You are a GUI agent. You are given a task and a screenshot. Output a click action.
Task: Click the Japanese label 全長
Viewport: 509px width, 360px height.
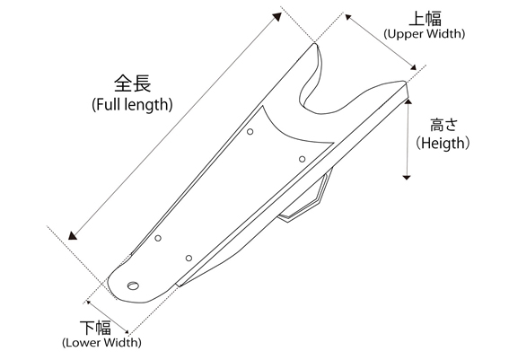point(133,83)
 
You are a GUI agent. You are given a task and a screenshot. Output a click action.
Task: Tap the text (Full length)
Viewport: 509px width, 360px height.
point(132,104)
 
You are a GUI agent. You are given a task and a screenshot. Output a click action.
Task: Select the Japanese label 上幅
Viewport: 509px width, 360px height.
point(425,19)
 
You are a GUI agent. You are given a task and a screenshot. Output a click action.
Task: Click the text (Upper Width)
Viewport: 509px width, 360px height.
point(424,34)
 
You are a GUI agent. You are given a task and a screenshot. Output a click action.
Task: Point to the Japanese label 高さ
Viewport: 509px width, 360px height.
point(443,125)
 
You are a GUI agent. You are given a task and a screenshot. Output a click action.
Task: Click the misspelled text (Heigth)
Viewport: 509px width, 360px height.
point(443,143)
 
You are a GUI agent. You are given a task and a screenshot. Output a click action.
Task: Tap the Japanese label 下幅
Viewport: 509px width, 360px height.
point(95,328)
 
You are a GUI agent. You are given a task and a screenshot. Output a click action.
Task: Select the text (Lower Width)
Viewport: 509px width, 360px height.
point(101,342)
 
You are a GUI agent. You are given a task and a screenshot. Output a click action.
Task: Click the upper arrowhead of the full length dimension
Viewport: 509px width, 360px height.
point(277,16)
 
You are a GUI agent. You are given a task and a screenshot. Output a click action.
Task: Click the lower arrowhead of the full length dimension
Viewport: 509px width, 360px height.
point(73,236)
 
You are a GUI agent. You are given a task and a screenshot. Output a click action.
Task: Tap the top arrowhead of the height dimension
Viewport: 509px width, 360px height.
point(408,101)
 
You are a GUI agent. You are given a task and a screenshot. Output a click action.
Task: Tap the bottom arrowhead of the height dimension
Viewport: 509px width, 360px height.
point(407,177)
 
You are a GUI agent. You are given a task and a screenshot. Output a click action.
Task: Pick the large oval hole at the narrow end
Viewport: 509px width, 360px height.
point(133,286)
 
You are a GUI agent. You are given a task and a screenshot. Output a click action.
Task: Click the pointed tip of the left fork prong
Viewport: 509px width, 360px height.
point(314,44)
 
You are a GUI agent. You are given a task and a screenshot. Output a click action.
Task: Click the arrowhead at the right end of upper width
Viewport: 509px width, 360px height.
point(413,67)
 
